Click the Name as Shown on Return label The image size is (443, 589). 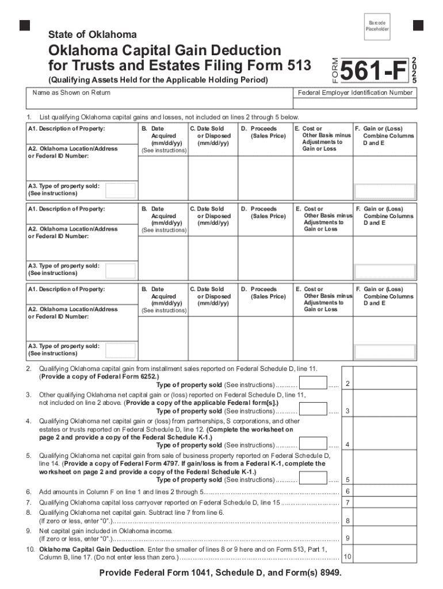[71, 93]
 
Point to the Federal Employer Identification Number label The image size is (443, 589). [355, 93]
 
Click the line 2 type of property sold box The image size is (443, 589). [314, 384]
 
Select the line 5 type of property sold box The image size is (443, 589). [314, 479]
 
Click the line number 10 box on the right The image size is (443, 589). [347, 557]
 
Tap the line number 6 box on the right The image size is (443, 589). [347, 491]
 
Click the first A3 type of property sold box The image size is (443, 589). [121, 190]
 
